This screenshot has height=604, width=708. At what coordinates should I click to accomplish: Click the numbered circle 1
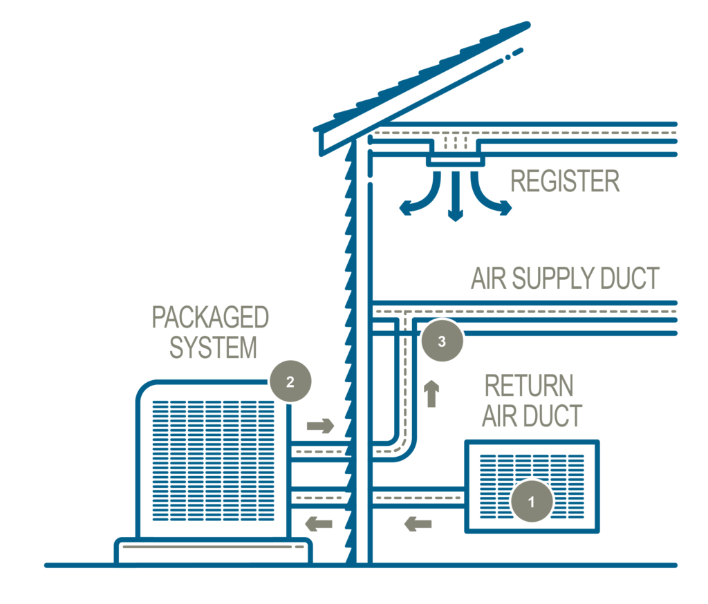point(531,502)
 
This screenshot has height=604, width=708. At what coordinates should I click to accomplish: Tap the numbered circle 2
point(290,381)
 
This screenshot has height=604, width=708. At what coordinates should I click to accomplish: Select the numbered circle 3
point(442,340)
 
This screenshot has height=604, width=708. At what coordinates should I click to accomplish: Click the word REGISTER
point(564,182)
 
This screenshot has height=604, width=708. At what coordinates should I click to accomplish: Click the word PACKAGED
point(210,318)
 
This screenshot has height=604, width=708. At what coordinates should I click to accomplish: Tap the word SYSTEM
point(212,348)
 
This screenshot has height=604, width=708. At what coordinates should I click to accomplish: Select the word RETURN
point(529,386)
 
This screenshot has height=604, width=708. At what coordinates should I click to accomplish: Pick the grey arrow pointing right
point(320,425)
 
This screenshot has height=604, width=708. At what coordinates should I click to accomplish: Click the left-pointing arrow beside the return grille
point(418,525)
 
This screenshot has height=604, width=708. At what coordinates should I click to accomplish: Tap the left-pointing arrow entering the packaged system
point(319,525)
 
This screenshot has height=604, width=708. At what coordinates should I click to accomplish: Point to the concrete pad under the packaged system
point(213,551)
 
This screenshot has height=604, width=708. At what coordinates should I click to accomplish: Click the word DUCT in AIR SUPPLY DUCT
point(629,279)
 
